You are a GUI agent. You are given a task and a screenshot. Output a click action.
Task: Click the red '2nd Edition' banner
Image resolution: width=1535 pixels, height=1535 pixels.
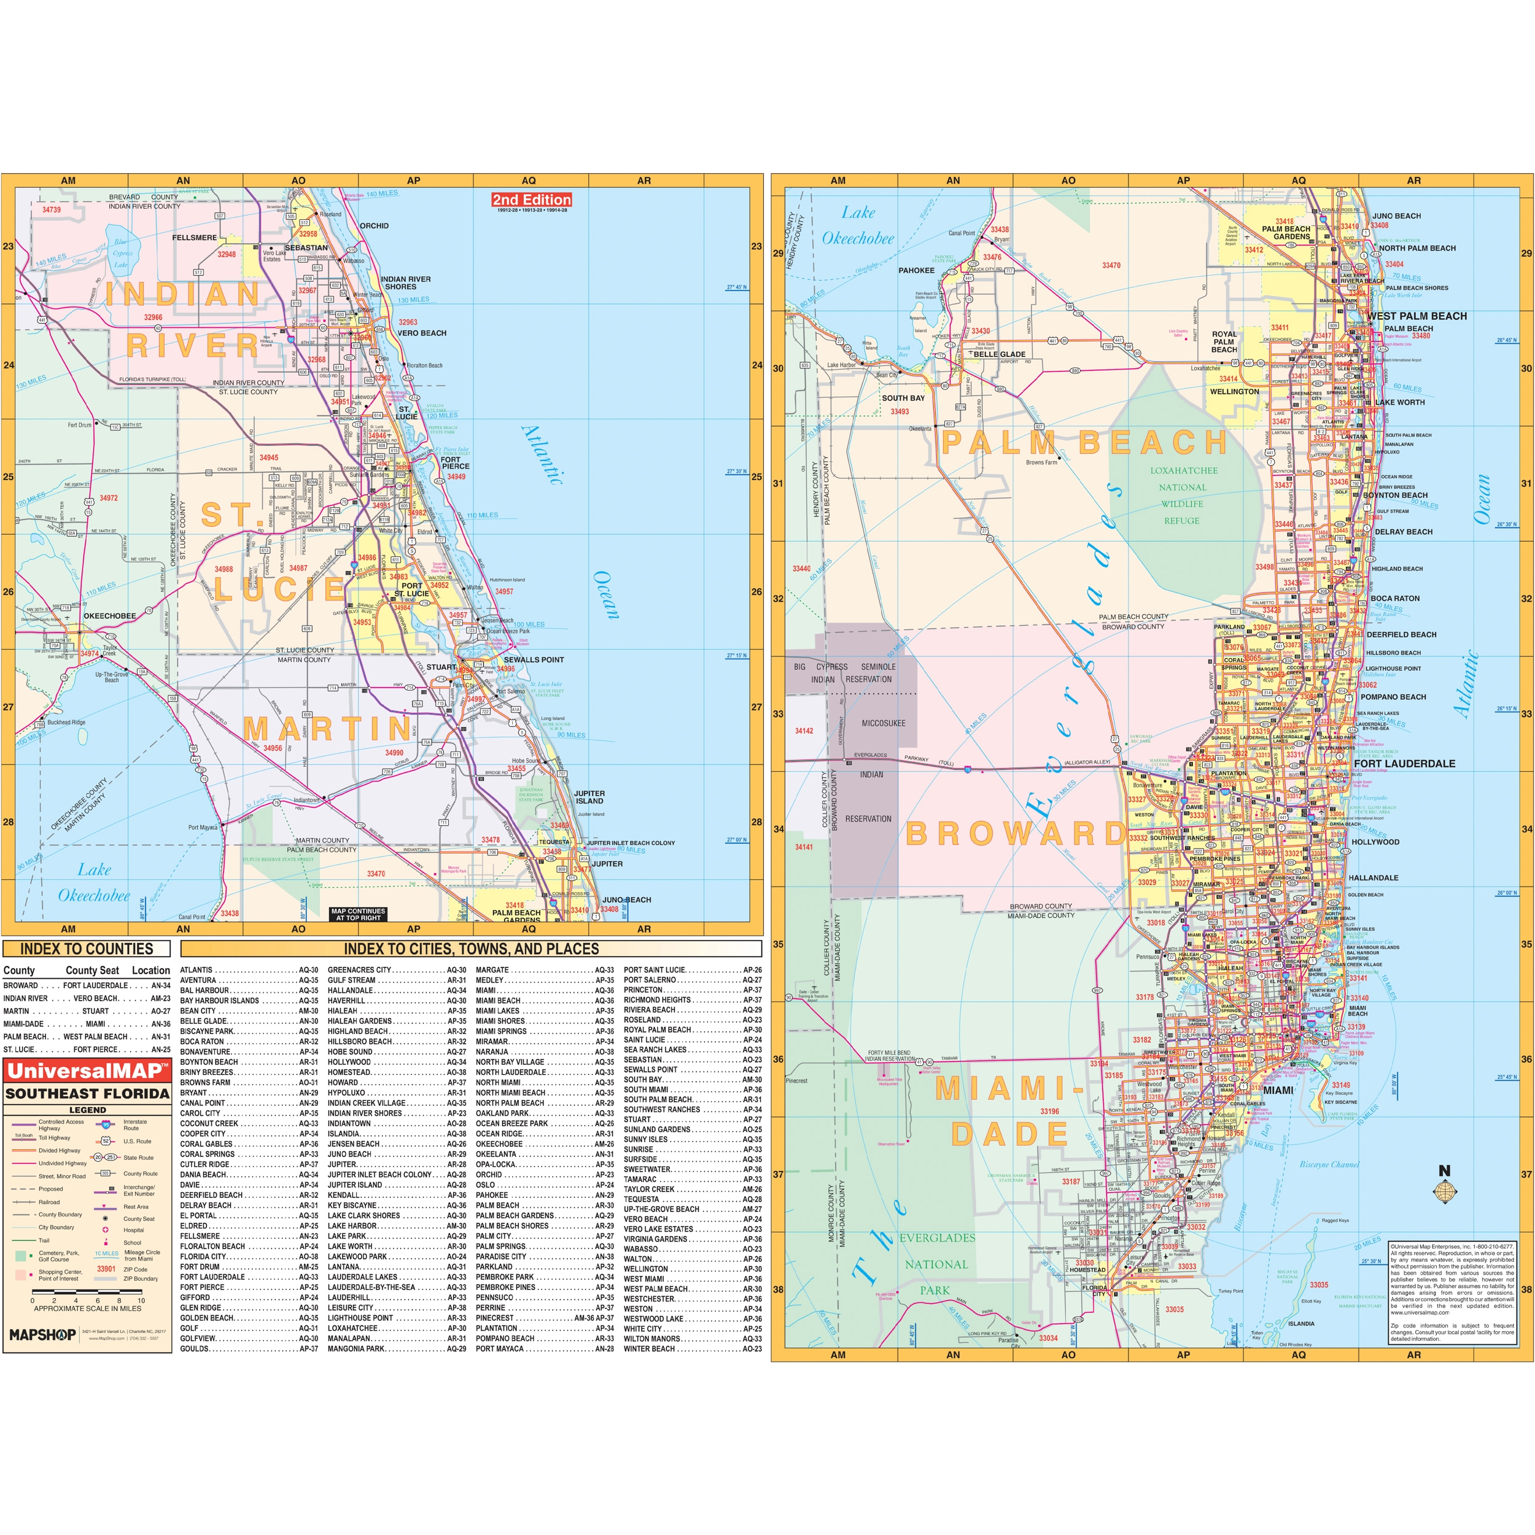(x=532, y=200)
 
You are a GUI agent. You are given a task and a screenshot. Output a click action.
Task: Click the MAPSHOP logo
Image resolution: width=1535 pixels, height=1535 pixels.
(x=42, y=1335)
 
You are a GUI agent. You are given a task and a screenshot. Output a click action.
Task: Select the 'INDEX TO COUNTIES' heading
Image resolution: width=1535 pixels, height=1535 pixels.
(x=87, y=949)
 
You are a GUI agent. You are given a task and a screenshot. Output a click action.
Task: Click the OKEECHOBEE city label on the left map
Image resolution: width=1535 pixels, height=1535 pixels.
(x=110, y=616)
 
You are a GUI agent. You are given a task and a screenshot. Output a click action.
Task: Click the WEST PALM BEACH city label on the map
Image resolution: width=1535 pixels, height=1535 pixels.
(x=1417, y=316)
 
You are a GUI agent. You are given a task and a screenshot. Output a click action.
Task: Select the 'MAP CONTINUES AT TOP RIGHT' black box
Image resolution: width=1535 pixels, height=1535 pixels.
(x=359, y=914)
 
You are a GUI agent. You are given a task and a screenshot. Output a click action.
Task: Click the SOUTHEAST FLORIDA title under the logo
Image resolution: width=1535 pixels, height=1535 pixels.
(x=87, y=1094)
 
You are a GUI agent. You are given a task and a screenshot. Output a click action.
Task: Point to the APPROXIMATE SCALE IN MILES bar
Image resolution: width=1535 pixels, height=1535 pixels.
(x=87, y=1300)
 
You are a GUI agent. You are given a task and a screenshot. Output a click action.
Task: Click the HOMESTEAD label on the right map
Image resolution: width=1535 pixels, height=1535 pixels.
(x=1087, y=1270)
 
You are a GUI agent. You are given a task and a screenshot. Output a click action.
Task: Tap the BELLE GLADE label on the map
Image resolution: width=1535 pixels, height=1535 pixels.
(x=1000, y=354)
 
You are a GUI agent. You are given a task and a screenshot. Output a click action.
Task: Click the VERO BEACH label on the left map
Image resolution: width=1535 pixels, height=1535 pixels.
(x=422, y=333)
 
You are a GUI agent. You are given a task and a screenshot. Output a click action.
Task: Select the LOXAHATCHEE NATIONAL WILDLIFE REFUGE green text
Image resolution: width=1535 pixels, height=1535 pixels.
(x=1182, y=495)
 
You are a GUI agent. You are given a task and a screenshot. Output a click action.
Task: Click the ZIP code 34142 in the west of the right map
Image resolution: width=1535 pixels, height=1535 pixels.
(x=804, y=731)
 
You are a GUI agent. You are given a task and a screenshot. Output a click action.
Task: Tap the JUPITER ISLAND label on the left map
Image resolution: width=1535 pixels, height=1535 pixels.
(x=589, y=797)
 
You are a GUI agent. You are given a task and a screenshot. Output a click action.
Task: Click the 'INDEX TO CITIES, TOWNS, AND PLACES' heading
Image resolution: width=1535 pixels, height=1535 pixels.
(x=471, y=949)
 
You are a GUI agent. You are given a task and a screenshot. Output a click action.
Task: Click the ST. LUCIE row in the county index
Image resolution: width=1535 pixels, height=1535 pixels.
(x=87, y=1049)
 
